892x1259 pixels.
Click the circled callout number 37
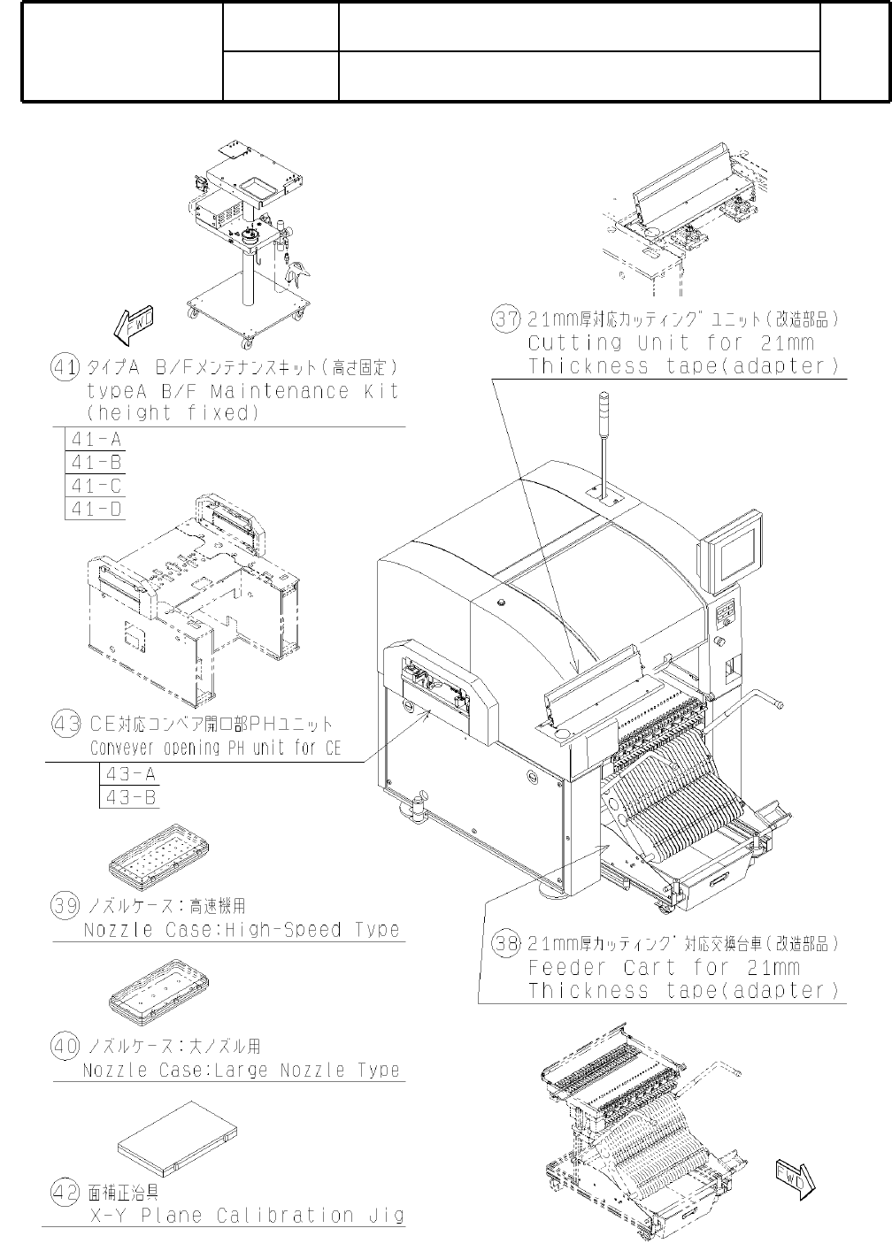(505, 319)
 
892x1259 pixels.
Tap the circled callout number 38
(505, 944)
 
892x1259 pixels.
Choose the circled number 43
(66, 725)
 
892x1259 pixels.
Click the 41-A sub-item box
(96, 440)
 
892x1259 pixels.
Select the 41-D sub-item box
(96, 509)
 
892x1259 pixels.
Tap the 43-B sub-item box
(130, 797)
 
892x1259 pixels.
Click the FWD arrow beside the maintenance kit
(134, 325)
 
